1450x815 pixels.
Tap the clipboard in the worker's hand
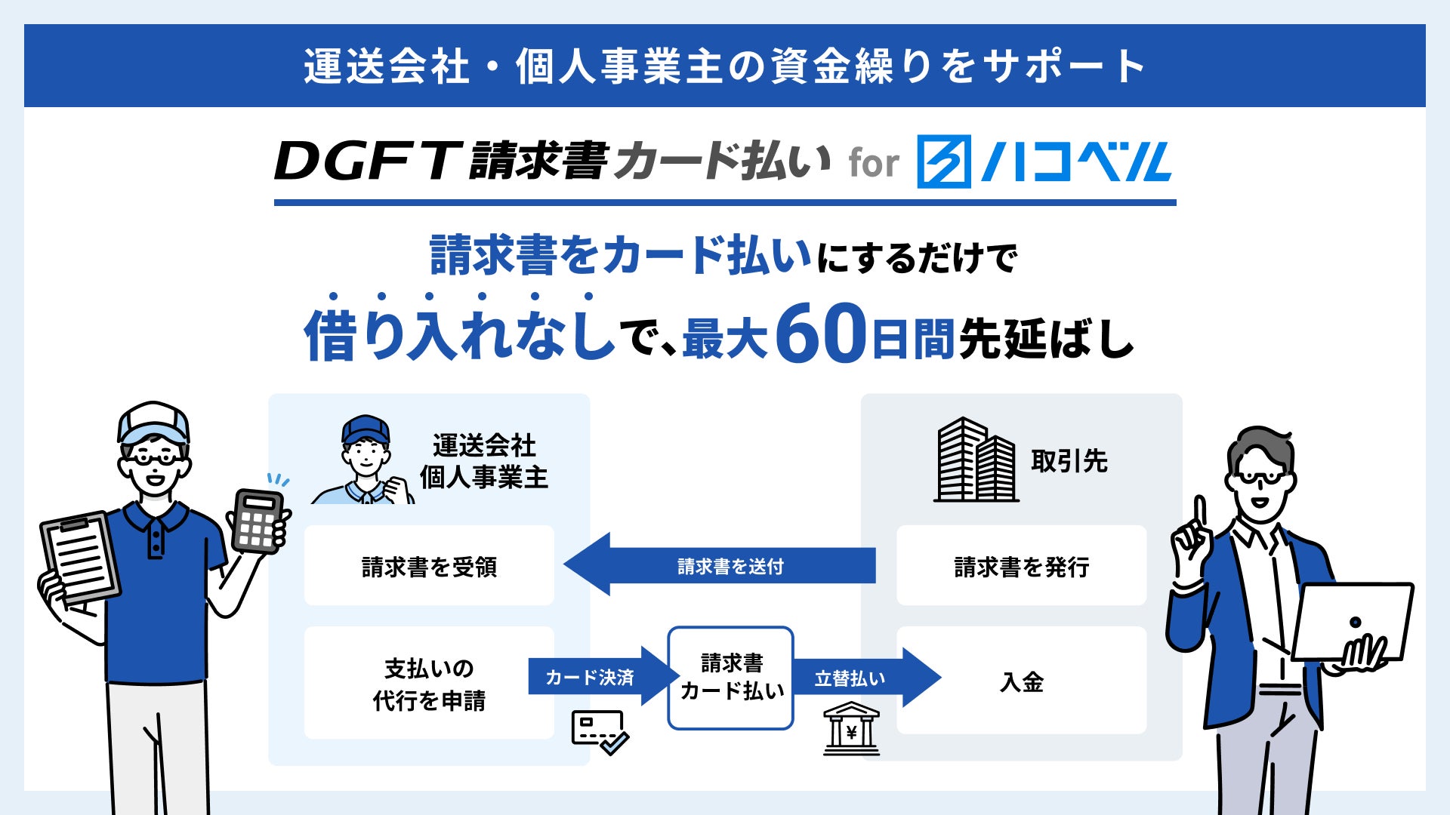click(x=80, y=559)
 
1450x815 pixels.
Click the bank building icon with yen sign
click(x=851, y=728)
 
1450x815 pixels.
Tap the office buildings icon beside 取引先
click(x=975, y=460)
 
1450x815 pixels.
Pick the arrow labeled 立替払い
click(x=865, y=678)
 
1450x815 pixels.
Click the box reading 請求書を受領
click(x=429, y=566)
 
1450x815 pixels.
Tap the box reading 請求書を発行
click(x=1021, y=566)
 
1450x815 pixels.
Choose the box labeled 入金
click(x=1021, y=681)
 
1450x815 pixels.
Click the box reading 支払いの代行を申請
click(x=429, y=683)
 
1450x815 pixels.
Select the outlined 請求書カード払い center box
click(x=730, y=678)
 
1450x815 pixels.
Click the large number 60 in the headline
click(x=820, y=334)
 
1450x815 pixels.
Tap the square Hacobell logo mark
click(x=943, y=161)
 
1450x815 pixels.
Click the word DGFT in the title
click(x=367, y=161)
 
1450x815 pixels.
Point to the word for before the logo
click(x=874, y=164)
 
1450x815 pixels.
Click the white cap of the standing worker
click(x=153, y=420)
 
